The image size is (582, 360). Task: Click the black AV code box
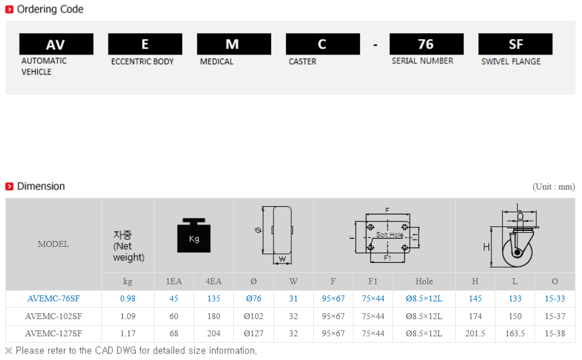click(56, 44)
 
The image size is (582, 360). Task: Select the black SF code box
click(515, 44)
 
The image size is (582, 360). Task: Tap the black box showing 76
click(426, 44)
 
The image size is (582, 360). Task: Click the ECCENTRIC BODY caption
click(143, 62)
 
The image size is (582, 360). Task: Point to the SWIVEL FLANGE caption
click(511, 62)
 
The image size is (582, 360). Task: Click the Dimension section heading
click(41, 187)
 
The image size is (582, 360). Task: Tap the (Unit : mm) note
click(554, 187)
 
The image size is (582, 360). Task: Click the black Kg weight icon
click(194, 235)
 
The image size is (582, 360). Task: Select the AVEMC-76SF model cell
click(53, 299)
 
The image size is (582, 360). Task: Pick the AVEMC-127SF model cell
click(53, 333)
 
